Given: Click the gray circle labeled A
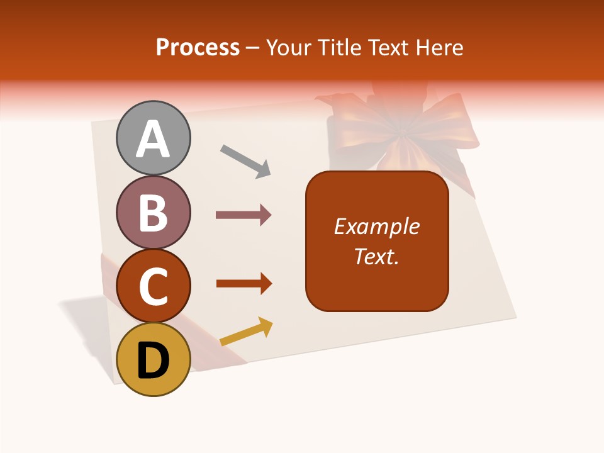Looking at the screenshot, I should pyautogui.click(x=154, y=138).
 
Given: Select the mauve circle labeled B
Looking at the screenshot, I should pyautogui.click(x=154, y=212).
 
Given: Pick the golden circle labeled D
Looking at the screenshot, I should pyautogui.click(x=154, y=359).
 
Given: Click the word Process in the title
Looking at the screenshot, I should pyautogui.click(x=198, y=48).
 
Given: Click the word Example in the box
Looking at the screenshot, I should pyautogui.click(x=377, y=226).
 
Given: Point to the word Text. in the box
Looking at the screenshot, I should pyautogui.click(x=377, y=256).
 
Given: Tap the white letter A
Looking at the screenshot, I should pyautogui.click(x=154, y=138).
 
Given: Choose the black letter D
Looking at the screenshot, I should pyautogui.click(x=154, y=361).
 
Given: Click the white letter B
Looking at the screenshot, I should pyautogui.click(x=154, y=213).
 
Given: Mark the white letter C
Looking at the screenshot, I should pyautogui.click(x=154, y=286).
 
